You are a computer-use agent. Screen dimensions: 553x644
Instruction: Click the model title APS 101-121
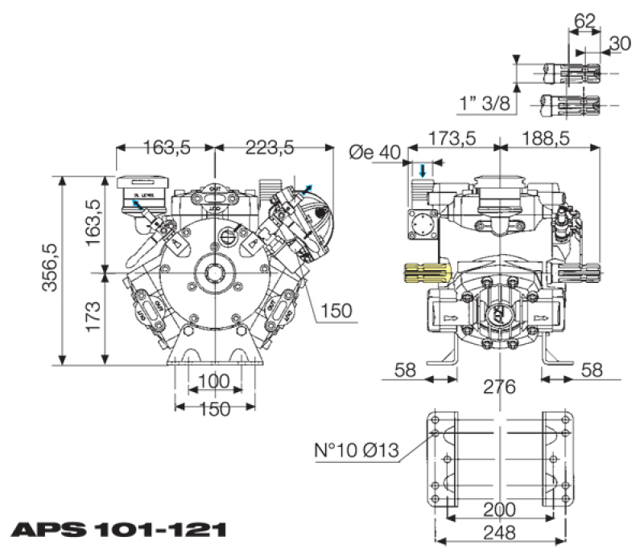click(x=118, y=530)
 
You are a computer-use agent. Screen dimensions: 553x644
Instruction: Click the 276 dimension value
click(x=499, y=387)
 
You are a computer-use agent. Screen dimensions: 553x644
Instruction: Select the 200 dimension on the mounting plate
click(x=500, y=510)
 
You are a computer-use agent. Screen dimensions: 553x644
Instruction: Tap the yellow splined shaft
click(x=425, y=272)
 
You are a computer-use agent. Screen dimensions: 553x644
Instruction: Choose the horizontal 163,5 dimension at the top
click(x=167, y=147)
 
